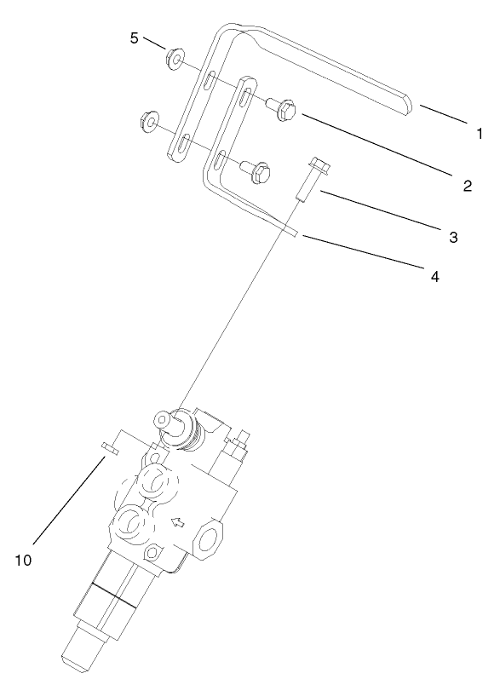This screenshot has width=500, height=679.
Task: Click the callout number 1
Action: (x=479, y=133)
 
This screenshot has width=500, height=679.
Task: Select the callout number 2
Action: (x=466, y=186)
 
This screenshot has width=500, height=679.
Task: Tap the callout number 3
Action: (x=453, y=237)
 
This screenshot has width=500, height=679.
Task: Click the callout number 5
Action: (x=133, y=38)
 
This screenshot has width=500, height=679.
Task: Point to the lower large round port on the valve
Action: (x=129, y=521)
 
